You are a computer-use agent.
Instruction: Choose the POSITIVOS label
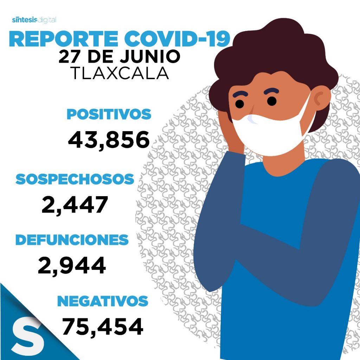point(109,114)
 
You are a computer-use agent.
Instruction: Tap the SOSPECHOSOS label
point(75,179)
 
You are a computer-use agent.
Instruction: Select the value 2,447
point(75,205)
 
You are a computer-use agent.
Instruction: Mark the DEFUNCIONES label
point(72,240)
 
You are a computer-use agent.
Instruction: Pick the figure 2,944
point(72,265)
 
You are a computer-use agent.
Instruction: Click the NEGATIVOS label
point(103,301)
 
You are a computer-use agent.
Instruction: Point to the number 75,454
point(103,327)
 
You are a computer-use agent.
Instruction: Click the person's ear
point(321,99)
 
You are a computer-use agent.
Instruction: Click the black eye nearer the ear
point(272,101)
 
